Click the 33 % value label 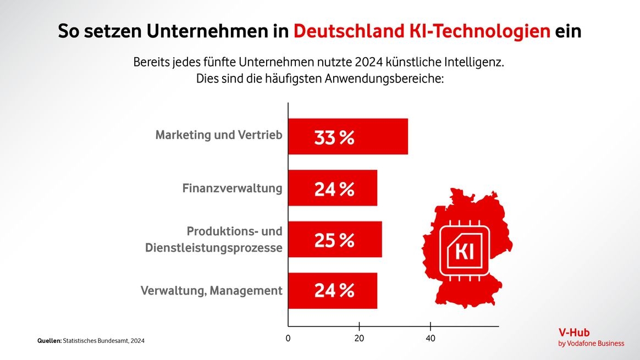tap(334, 137)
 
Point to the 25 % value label tap(334, 240)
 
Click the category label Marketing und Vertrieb tap(219, 135)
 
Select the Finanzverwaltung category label tap(232, 189)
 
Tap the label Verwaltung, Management tap(211, 291)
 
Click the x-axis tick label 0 tap(288, 339)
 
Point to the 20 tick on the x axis tap(359, 339)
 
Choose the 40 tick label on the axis tap(430, 339)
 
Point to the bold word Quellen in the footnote tap(49, 341)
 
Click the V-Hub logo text tap(574, 333)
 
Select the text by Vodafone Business tap(591, 344)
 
